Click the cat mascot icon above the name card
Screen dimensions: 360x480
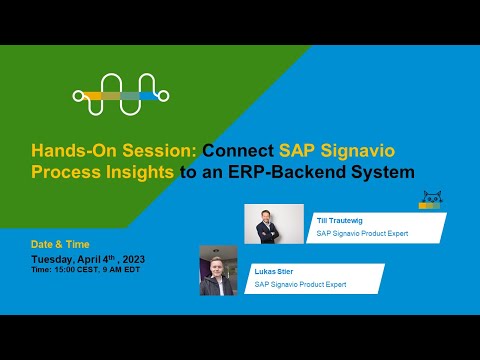click(431, 200)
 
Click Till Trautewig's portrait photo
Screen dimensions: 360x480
click(273, 225)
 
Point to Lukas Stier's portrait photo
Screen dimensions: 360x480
click(218, 270)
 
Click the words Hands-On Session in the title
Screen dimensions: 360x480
click(113, 151)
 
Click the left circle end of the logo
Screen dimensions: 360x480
click(78, 96)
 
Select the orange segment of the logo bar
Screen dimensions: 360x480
click(97, 96)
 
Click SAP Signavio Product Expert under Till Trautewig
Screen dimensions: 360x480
click(363, 234)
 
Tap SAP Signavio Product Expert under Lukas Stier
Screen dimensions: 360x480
click(301, 285)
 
